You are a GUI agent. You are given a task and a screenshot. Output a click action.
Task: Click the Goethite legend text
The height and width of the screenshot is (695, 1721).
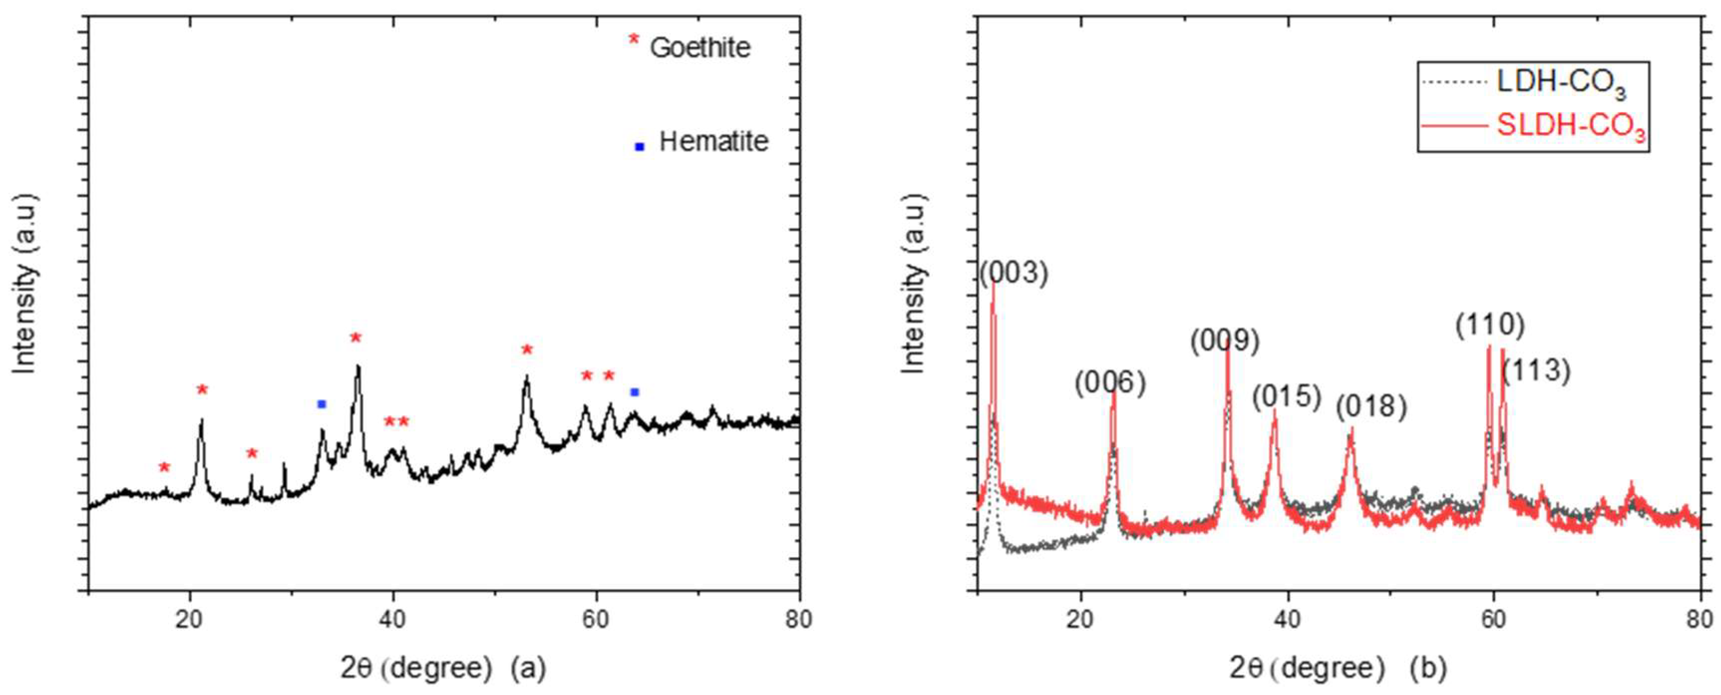click(700, 47)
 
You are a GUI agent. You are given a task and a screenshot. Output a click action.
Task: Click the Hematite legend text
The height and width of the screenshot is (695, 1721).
click(713, 142)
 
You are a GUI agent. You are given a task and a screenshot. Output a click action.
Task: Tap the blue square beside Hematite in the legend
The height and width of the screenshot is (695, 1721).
click(640, 146)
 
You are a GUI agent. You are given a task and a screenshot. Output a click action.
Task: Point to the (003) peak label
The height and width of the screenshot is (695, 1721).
click(1014, 273)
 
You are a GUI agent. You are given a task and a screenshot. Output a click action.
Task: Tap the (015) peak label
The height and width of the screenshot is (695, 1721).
click(1287, 397)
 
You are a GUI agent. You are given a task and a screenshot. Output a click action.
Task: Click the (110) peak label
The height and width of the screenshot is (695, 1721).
click(1490, 325)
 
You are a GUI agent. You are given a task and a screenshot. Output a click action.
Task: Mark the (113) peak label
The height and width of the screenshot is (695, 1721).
click(1536, 370)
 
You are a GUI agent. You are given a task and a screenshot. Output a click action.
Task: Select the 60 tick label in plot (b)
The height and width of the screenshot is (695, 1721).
click(1494, 620)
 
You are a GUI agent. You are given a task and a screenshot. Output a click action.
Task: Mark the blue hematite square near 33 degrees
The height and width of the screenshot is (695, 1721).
click(322, 404)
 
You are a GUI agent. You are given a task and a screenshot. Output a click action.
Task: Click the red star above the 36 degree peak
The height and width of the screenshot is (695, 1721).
click(355, 337)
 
